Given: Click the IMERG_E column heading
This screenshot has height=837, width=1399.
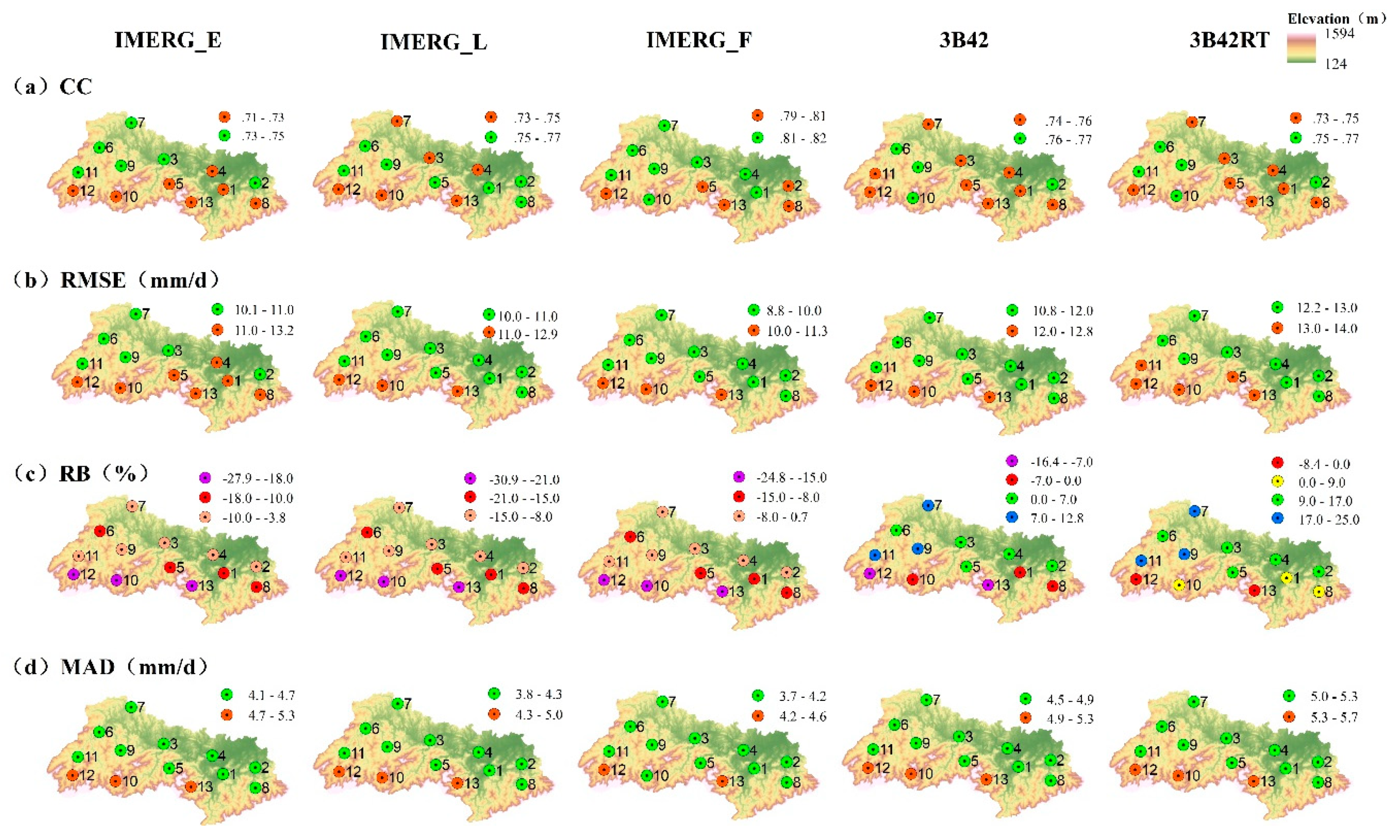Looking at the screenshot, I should pos(168,40).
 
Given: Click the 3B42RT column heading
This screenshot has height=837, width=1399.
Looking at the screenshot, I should pos(1229,40).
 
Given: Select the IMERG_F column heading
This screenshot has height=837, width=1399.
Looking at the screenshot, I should pos(699,40).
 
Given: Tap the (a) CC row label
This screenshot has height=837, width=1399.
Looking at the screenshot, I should pos(52,87).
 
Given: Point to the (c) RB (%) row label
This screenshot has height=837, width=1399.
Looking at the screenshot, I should pos(80,473).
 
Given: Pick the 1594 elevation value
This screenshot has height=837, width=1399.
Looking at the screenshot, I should pos(1339,34).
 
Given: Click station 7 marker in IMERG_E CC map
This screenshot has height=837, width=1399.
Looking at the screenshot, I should pos(131,122).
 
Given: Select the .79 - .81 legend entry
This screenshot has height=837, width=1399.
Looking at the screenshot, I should pos(789,116).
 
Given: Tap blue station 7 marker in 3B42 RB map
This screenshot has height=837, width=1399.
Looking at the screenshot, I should pos(928,505).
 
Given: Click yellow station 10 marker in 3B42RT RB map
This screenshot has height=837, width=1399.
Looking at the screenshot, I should pos(1179,585).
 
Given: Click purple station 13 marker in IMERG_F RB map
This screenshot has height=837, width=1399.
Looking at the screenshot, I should pos(722,592).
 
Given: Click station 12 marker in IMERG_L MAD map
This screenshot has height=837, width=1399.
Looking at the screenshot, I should pos(339,772).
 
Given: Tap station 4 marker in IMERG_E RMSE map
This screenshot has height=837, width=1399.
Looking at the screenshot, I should pos(216,362).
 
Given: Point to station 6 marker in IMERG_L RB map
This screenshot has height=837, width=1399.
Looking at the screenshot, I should pos(367,532).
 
